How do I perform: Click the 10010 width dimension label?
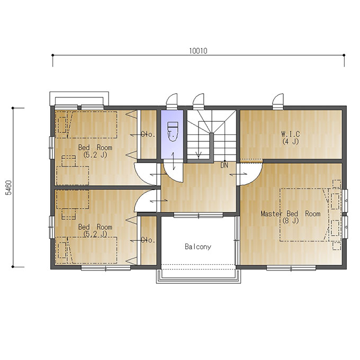(198, 51)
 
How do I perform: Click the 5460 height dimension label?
(8, 187)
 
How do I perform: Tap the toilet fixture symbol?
(173, 131)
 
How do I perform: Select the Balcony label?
(198, 247)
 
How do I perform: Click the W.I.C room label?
(291, 134)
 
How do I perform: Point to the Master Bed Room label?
(291, 214)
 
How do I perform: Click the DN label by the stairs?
(224, 165)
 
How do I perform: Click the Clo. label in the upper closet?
(148, 134)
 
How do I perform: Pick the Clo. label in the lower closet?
(148, 240)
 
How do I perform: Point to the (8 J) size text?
(291, 221)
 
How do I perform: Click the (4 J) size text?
(291, 141)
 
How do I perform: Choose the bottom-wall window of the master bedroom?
(291, 268)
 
